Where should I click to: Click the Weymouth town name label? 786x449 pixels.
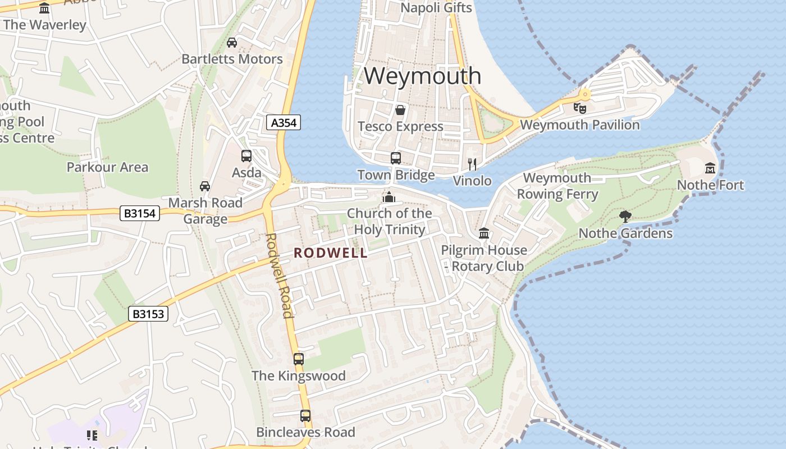[x=422, y=76]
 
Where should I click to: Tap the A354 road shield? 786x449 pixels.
[x=284, y=122]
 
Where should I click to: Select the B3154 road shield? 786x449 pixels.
[x=140, y=213]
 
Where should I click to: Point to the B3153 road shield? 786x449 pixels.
[x=148, y=314]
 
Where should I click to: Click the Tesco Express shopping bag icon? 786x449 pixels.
[x=400, y=109]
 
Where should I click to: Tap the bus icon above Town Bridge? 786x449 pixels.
[x=396, y=158]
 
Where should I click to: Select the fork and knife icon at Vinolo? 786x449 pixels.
[x=472, y=164]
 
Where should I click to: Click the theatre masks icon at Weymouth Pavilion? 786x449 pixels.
[x=579, y=108]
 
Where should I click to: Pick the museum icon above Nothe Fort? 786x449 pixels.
[x=710, y=168]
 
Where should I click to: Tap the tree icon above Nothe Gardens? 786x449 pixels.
[x=625, y=216]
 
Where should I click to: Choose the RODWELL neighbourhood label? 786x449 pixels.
[x=331, y=253]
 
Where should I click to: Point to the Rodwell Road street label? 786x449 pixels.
[x=279, y=275]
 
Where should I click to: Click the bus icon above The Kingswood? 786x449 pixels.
[x=299, y=359]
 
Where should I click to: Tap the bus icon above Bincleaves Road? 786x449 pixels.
[x=305, y=416]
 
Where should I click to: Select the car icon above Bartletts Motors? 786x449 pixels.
[x=232, y=42]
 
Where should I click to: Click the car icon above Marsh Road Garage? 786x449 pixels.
[x=205, y=186]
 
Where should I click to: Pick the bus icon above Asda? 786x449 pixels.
[x=246, y=156]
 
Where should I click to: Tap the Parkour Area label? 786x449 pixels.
[x=107, y=167]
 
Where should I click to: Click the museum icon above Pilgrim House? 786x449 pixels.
[x=484, y=233]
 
